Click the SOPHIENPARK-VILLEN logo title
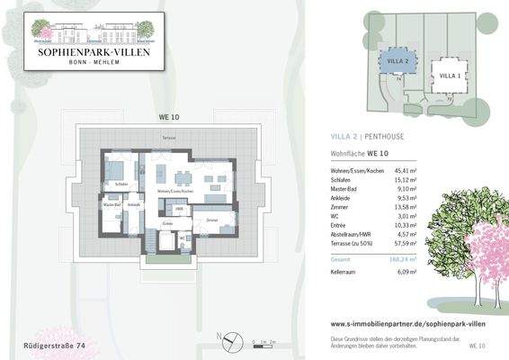point(94,53)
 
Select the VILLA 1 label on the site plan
point(451,76)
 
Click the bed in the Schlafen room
point(117,169)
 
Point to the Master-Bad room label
point(111,204)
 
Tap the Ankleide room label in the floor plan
point(134,204)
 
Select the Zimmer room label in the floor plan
point(212,220)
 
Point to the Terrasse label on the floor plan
point(167,137)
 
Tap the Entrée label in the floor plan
point(167,222)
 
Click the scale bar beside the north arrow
point(266,342)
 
